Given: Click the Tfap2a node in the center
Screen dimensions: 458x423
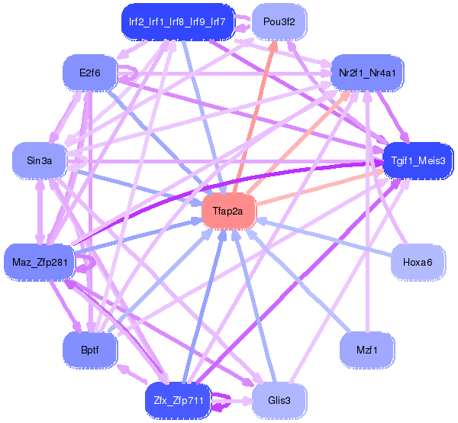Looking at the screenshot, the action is (229, 211).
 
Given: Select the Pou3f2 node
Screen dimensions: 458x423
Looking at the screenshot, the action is (279, 21).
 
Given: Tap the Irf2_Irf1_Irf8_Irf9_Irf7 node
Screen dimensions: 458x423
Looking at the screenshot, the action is (178, 21).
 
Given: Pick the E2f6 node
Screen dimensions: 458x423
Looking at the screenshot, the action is (90, 73).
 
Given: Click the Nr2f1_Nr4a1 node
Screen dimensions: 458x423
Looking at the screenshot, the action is (367, 73).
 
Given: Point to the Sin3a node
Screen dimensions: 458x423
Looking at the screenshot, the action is (40, 160).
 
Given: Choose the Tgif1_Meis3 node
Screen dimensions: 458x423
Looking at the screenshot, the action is (418, 160).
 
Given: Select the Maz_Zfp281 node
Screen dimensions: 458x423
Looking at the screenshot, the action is (40, 262).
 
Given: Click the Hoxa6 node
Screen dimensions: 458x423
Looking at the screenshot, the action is (418, 262).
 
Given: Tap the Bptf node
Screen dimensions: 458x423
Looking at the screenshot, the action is (90, 350).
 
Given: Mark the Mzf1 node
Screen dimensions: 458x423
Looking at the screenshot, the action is (367, 350).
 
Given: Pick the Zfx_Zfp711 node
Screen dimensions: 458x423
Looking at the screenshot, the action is (178, 401).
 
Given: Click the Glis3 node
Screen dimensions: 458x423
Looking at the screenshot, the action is (279, 401).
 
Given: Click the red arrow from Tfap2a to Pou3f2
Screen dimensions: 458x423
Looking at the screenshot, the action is (254, 117).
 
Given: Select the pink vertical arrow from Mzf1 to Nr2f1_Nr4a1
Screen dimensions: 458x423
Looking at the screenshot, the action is (367, 211).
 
